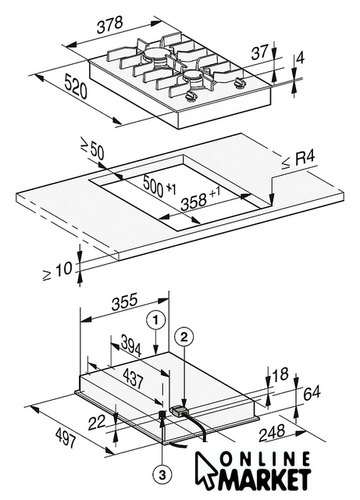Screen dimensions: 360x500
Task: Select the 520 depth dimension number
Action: coord(76,86)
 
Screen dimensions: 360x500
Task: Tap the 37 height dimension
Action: coord(259,52)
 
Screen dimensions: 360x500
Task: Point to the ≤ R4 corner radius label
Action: coord(298,159)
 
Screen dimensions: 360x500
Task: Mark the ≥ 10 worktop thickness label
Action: coord(58,270)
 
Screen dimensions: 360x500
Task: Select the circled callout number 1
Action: coord(155,320)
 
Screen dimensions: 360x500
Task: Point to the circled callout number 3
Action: coord(162,476)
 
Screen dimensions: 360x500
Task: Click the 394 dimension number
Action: coord(130,345)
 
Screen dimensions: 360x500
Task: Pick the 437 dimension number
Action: coord(133,378)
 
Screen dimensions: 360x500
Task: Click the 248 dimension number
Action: coord(271,432)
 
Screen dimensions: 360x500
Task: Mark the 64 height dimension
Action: coord(312,394)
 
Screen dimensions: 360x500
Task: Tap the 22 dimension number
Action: coord(97,423)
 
